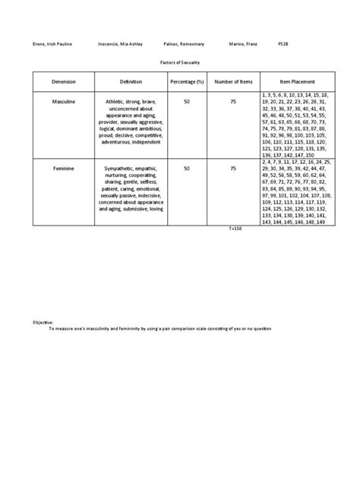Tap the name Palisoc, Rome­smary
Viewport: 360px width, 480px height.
[185, 44]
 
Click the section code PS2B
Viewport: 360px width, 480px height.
[283, 44]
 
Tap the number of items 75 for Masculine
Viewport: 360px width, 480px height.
[232, 99]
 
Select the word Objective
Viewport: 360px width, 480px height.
[43, 322]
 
